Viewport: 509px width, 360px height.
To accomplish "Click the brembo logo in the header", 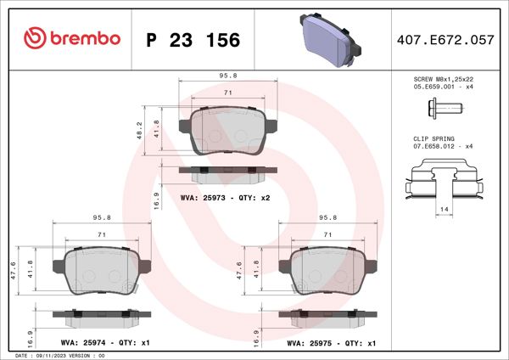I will [x=72, y=38].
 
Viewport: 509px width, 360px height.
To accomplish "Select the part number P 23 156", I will [x=193, y=39].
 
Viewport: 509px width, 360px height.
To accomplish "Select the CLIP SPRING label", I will [x=434, y=138].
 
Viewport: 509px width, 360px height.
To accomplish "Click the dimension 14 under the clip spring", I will [x=445, y=208].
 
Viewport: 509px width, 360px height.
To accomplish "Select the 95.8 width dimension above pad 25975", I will [x=328, y=217].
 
